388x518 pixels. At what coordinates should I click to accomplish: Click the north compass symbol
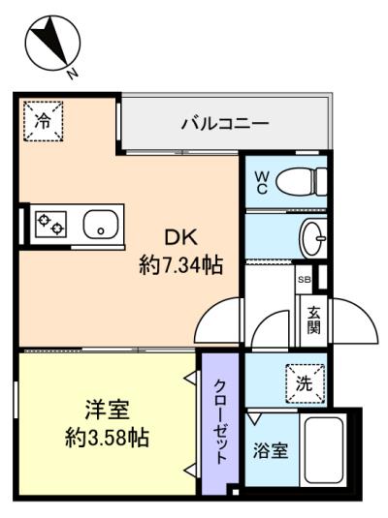click(x=52, y=44)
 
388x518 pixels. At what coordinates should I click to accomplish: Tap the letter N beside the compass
click(x=72, y=73)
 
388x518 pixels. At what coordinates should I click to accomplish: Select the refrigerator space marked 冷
click(x=44, y=121)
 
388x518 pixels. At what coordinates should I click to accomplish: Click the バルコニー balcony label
click(x=225, y=124)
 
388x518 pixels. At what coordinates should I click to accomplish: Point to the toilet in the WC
click(x=302, y=181)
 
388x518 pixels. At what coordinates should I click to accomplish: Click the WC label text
click(x=261, y=181)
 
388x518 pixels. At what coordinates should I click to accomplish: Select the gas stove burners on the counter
click(x=50, y=224)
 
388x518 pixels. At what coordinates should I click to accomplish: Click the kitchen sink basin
click(x=101, y=224)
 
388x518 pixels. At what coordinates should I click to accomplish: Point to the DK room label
click(x=181, y=237)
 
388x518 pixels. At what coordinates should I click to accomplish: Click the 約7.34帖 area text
click(x=180, y=265)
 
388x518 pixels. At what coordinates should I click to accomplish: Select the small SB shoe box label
click(x=305, y=280)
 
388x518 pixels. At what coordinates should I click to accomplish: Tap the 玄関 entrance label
click(x=313, y=320)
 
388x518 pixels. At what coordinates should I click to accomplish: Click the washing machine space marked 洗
click(x=305, y=383)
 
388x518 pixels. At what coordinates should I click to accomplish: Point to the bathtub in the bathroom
click(x=323, y=450)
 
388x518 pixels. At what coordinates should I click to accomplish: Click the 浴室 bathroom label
click(x=271, y=450)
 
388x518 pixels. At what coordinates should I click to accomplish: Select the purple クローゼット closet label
click(x=221, y=422)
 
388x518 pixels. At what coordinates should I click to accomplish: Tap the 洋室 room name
click(x=108, y=410)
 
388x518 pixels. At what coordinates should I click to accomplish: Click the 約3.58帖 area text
click(x=107, y=438)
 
